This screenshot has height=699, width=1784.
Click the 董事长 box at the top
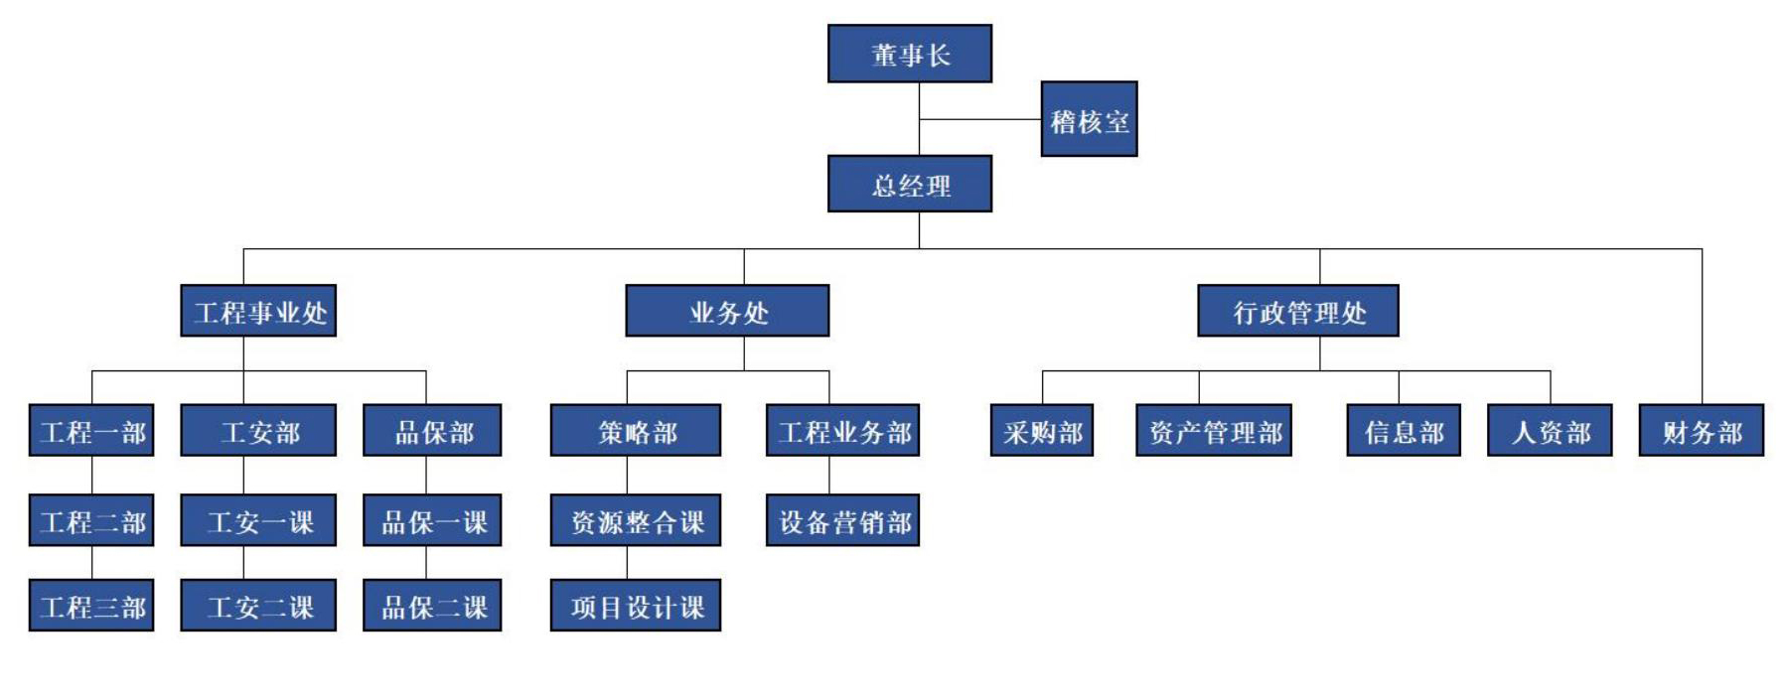[909, 54]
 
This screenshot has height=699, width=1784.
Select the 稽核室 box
[1089, 120]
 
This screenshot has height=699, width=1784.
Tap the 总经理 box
[909, 184]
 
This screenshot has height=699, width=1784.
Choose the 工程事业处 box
[258, 311]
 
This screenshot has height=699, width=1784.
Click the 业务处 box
[727, 311]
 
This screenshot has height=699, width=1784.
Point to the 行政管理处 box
[1297, 311]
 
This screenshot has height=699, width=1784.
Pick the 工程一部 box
[91, 430]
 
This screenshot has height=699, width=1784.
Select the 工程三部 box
[91, 605]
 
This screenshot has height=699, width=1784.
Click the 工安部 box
[258, 430]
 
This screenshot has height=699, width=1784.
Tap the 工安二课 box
[258, 605]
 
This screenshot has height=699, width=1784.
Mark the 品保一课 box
[432, 520]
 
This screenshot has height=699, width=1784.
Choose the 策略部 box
[636, 430]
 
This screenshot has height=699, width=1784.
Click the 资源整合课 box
[636, 520]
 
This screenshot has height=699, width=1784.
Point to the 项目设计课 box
[636, 605]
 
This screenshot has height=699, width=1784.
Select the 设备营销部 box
[842, 520]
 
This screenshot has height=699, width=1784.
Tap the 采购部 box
[1042, 430]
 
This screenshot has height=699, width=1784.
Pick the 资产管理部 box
[1214, 430]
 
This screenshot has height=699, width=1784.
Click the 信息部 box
[1404, 430]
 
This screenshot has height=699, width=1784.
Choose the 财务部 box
[1702, 430]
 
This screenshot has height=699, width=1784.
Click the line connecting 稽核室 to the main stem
[979, 119]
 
